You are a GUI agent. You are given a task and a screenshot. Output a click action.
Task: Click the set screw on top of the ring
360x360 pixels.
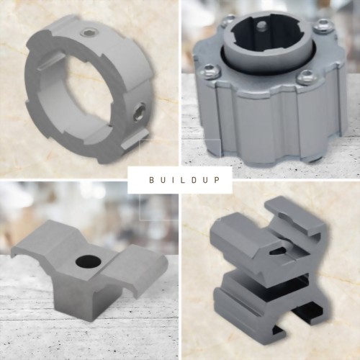click(x=86, y=32)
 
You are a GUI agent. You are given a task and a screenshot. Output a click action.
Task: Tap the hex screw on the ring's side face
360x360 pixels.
click(x=139, y=111)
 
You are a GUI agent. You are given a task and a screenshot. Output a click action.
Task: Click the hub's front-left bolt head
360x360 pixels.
click(x=210, y=71)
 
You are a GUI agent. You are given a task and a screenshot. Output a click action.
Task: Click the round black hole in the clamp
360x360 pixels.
click(x=88, y=261)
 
